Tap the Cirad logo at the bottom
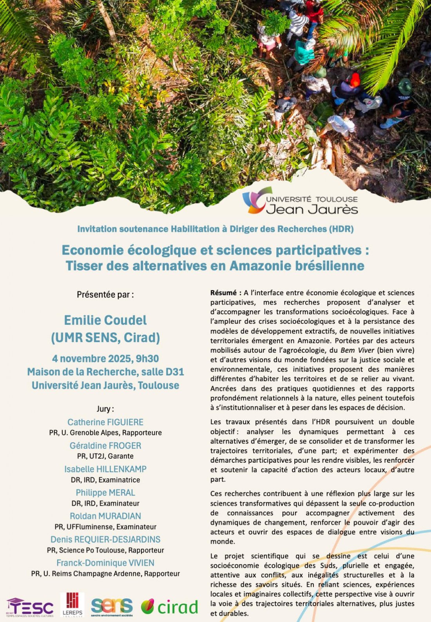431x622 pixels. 170,607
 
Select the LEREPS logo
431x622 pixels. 72,604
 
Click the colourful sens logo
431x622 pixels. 112,606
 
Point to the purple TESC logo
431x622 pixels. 30,608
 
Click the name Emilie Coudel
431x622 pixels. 105,320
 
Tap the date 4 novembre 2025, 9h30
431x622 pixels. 105,359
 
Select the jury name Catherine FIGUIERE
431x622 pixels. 105,422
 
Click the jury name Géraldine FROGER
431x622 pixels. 105,445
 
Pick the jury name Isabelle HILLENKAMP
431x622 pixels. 105,469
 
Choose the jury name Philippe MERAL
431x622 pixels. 105,492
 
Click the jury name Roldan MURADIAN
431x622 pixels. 105,516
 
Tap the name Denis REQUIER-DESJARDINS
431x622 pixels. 105,539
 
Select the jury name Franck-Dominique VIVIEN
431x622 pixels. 105,563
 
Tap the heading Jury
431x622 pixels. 105,409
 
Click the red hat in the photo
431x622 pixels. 355,79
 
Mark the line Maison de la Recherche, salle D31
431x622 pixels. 105,372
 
